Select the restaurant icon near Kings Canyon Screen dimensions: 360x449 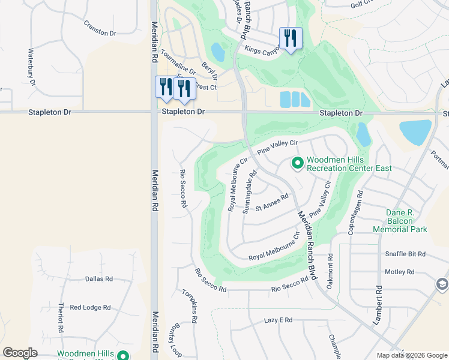[291, 38]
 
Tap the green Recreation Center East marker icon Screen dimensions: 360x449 [297, 163]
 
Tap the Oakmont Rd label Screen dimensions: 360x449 [330, 272]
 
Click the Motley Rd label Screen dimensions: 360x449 [400, 272]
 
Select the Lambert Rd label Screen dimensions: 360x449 [379, 306]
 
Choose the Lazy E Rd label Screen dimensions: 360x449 [278, 321]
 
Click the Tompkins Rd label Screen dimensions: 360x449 [189, 305]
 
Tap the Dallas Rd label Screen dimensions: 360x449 [99, 279]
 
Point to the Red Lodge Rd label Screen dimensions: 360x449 [90, 307]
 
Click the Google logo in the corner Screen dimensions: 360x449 [20, 353]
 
